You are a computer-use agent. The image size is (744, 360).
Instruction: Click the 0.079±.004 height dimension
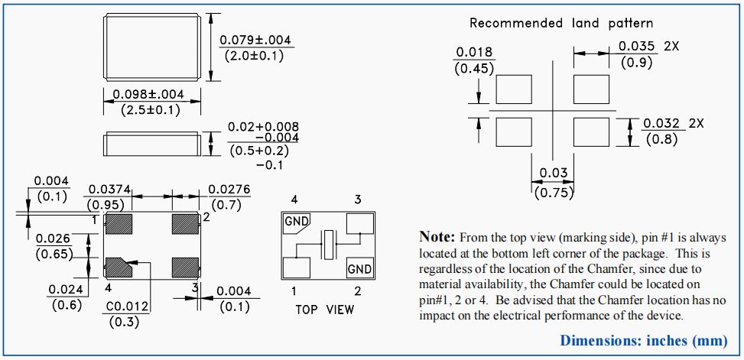[x=255, y=41]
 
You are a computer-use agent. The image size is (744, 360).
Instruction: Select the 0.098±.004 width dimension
[x=148, y=95]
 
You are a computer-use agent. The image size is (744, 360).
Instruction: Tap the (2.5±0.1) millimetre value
[x=150, y=110]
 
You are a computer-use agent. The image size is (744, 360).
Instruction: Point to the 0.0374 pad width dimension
[x=107, y=190]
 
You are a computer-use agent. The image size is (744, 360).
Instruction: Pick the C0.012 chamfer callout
[x=126, y=306]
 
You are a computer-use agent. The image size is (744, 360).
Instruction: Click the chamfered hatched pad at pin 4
[x=119, y=268]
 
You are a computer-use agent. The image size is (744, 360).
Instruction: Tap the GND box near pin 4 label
[x=297, y=222]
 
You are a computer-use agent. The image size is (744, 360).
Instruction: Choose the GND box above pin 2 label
[x=359, y=269]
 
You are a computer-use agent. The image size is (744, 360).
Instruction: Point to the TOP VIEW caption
[x=325, y=310]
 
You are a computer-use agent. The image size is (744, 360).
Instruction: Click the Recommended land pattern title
[x=561, y=23]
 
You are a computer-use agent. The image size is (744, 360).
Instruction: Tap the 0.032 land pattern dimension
[x=662, y=123]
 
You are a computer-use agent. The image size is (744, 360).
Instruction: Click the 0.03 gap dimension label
[x=554, y=174]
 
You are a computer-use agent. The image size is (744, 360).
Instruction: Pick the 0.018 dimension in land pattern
[x=475, y=53]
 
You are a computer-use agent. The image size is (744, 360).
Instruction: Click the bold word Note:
[x=437, y=236]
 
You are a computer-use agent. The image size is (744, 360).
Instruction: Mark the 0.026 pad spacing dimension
[x=53, y=239]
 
